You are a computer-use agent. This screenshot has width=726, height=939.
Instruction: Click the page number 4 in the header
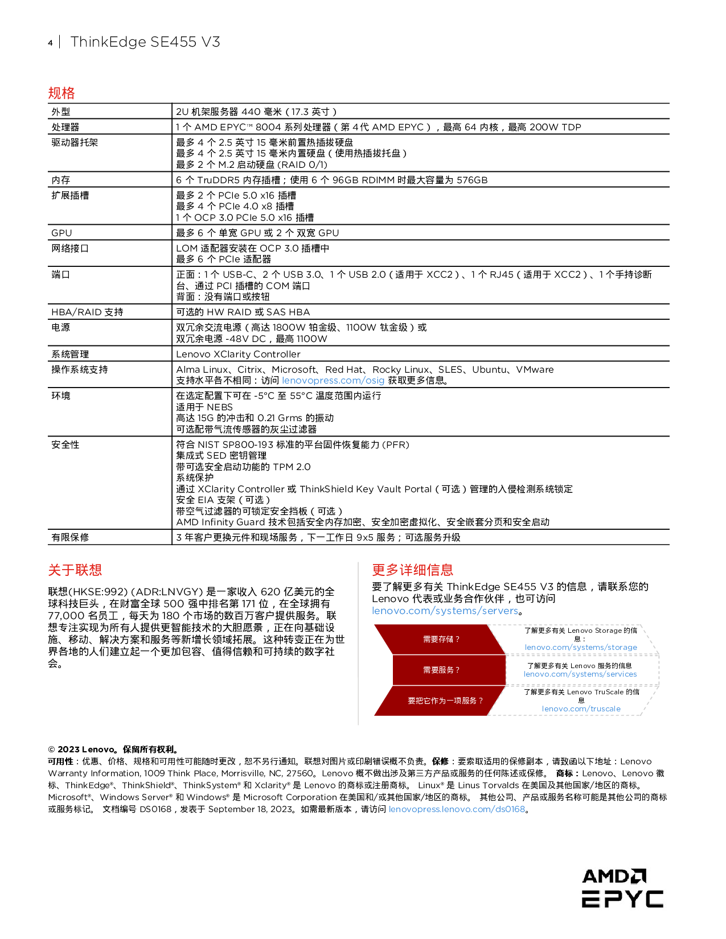pyautogui.click(x=50, y=43)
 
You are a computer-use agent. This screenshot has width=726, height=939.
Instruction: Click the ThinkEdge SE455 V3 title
pyautogui.click(x=145, y=42)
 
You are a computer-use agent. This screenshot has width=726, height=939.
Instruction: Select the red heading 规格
pyautogui.click(x=61, y=93)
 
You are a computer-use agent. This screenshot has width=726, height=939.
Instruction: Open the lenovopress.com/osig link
pyautogui.click(x=333, y=380)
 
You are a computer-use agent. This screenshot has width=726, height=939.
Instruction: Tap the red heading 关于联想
pyautogui.click(x=75, y=570)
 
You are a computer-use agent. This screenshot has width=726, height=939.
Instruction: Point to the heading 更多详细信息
pyautogui.click(x=412, y=570)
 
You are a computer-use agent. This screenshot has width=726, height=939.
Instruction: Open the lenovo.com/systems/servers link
pyautogui.click(x=445, y=611)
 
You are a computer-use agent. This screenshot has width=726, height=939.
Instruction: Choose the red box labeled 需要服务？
pyautogui.click(x=441, y=670)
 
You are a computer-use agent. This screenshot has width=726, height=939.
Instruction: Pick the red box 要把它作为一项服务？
pyautogui.click(x=445, y=701)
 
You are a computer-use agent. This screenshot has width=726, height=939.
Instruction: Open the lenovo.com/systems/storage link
pyautogui.click(x=581, y=648)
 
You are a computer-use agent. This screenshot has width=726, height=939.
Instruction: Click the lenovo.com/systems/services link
pyautogui.click(x=580, y=674)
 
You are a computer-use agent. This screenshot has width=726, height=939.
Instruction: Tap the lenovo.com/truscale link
pyautogui.click(x=581, y=709)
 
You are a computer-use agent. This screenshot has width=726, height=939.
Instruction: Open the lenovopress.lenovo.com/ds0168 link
pyautogui.click(x=457, y=809)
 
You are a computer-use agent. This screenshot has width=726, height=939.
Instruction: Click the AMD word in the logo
pyautogui.click(x=606, y=876)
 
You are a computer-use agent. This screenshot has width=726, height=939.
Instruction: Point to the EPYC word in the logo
pyautogui.click(x=622, y=899)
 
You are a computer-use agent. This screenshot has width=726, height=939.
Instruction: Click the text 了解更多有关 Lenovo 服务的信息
pyautogui.click(x=579, y=666)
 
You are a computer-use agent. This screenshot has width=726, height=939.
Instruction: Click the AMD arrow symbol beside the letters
pyautogui.click(x=639, y=876)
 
